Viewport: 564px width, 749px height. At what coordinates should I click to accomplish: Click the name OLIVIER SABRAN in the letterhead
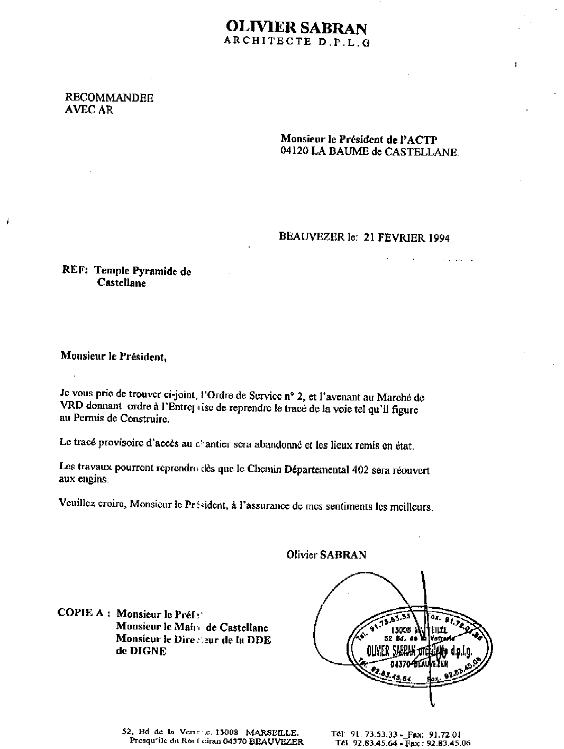click(x=296, y=28)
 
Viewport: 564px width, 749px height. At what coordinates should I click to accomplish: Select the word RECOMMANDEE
click(x=109, y=98)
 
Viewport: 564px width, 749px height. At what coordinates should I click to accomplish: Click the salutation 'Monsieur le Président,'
click(x=113, y=356)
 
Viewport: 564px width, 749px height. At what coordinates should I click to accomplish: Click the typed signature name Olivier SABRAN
click(x=326, y=554)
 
